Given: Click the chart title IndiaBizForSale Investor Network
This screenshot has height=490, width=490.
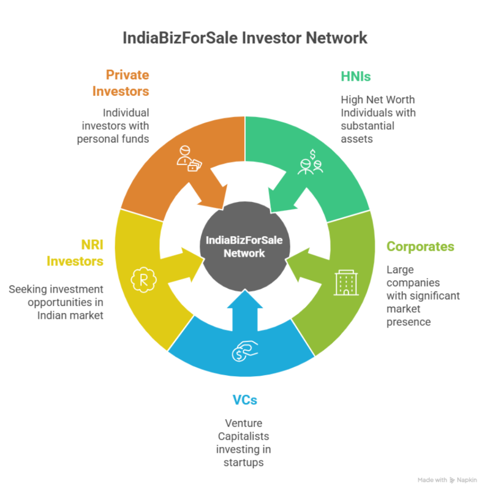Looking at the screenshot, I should (x=245, y=38).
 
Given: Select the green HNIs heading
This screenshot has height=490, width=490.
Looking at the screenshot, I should (x=356, y=76).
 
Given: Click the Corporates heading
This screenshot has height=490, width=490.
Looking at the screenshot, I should (x=420, y=246).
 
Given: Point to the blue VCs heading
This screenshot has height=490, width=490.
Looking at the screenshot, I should (x=245, y=400).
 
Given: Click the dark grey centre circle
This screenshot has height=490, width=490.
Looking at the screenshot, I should (x=244, y=246).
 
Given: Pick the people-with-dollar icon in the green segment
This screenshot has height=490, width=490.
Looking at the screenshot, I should (x=311, y=162).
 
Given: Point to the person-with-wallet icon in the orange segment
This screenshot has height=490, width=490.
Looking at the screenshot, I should (x=188, y=159).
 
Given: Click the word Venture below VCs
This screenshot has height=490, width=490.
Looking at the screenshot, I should (x=244, y=423).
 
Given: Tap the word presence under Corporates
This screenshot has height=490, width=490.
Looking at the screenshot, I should (x=408, y=322).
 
